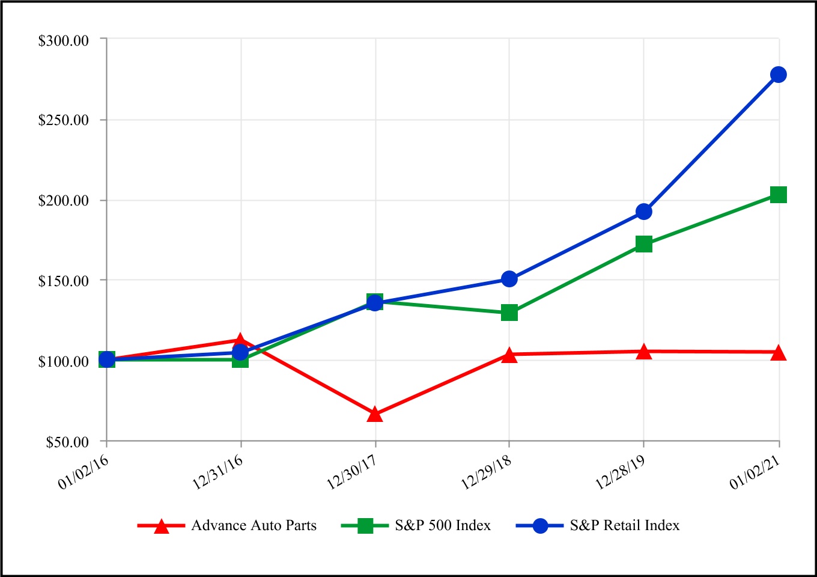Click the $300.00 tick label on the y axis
click(64, 40)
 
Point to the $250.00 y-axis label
click(64, 120)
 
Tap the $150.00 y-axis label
click(64, 281)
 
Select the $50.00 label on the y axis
click(67, 442)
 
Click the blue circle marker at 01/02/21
click(779, 75)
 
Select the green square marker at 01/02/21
click(779, 195)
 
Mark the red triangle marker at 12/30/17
click(375, 414)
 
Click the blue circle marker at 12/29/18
click(509, 279)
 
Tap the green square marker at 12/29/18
click(509, 313)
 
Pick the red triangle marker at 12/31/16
click(240, 341)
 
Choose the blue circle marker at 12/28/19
click(644, 212)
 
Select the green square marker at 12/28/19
click(644, 244)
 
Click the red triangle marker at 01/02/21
click(779, 353)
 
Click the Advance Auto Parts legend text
click(254, 525)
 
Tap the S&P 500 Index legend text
click(443, 525)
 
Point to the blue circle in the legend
click(540, 526)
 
